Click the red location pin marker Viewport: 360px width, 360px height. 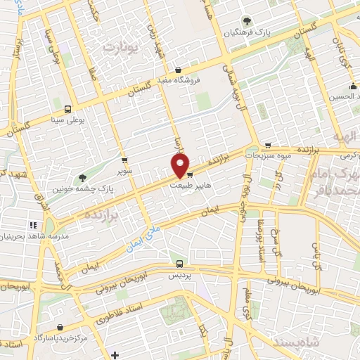coord(181,166)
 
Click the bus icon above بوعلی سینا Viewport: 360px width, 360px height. coord(67,109)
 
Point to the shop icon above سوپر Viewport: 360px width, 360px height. coord(124,160)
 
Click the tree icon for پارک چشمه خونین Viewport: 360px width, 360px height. coord(82,178)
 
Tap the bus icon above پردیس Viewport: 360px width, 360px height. coord(179,264)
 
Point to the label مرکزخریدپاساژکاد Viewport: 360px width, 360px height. coord(67,337)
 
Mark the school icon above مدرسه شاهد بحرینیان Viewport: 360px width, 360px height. coord(32,225)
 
